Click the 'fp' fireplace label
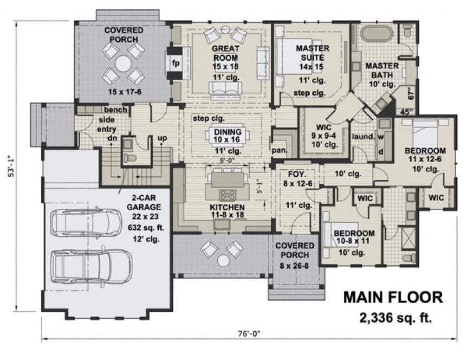[176, 63]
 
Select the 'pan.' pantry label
[279, 150]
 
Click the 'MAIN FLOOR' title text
[393, 297]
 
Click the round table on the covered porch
[124, 63]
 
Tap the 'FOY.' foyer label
[297, 175]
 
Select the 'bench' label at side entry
[115, 110]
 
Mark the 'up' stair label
[161, 138]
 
